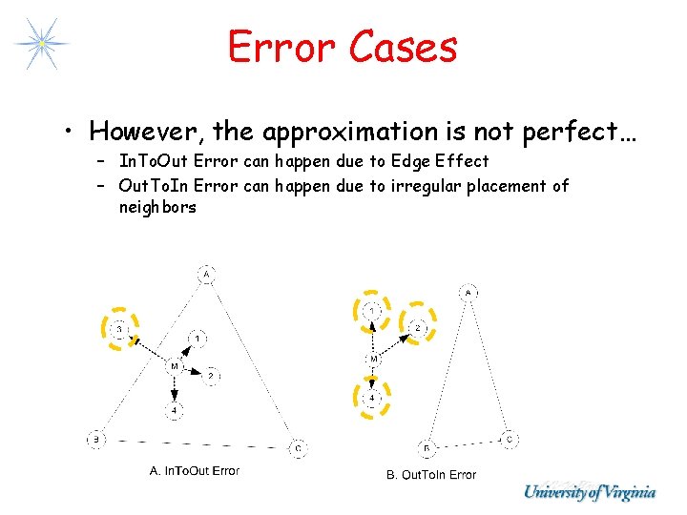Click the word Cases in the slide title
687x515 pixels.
click(x=405, y=46)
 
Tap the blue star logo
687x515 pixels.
click(x=41, y=43)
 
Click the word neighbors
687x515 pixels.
click(x=157, y=207)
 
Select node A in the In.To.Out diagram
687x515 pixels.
click(x=207, y=275)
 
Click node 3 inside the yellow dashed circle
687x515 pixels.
click(x=119, y=329)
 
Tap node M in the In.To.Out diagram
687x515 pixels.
click(x=174, y=366)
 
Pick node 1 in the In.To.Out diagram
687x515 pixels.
click(x=198, y=338)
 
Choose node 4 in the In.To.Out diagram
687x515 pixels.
click(x=174, y=411)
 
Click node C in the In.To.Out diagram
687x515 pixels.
click(x=298, y=447)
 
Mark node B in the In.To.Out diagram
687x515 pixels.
click(x=95, y=440)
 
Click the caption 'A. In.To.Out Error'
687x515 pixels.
click(x=195, y=470)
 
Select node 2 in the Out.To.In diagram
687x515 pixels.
click(x=417, y=328)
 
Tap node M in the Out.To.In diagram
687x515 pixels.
click(x=374, y=358)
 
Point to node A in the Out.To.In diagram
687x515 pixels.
click(x=469, y=292)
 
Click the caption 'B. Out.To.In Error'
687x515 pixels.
click(x=430, y=474)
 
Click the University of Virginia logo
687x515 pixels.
click(x=590, y=492)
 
